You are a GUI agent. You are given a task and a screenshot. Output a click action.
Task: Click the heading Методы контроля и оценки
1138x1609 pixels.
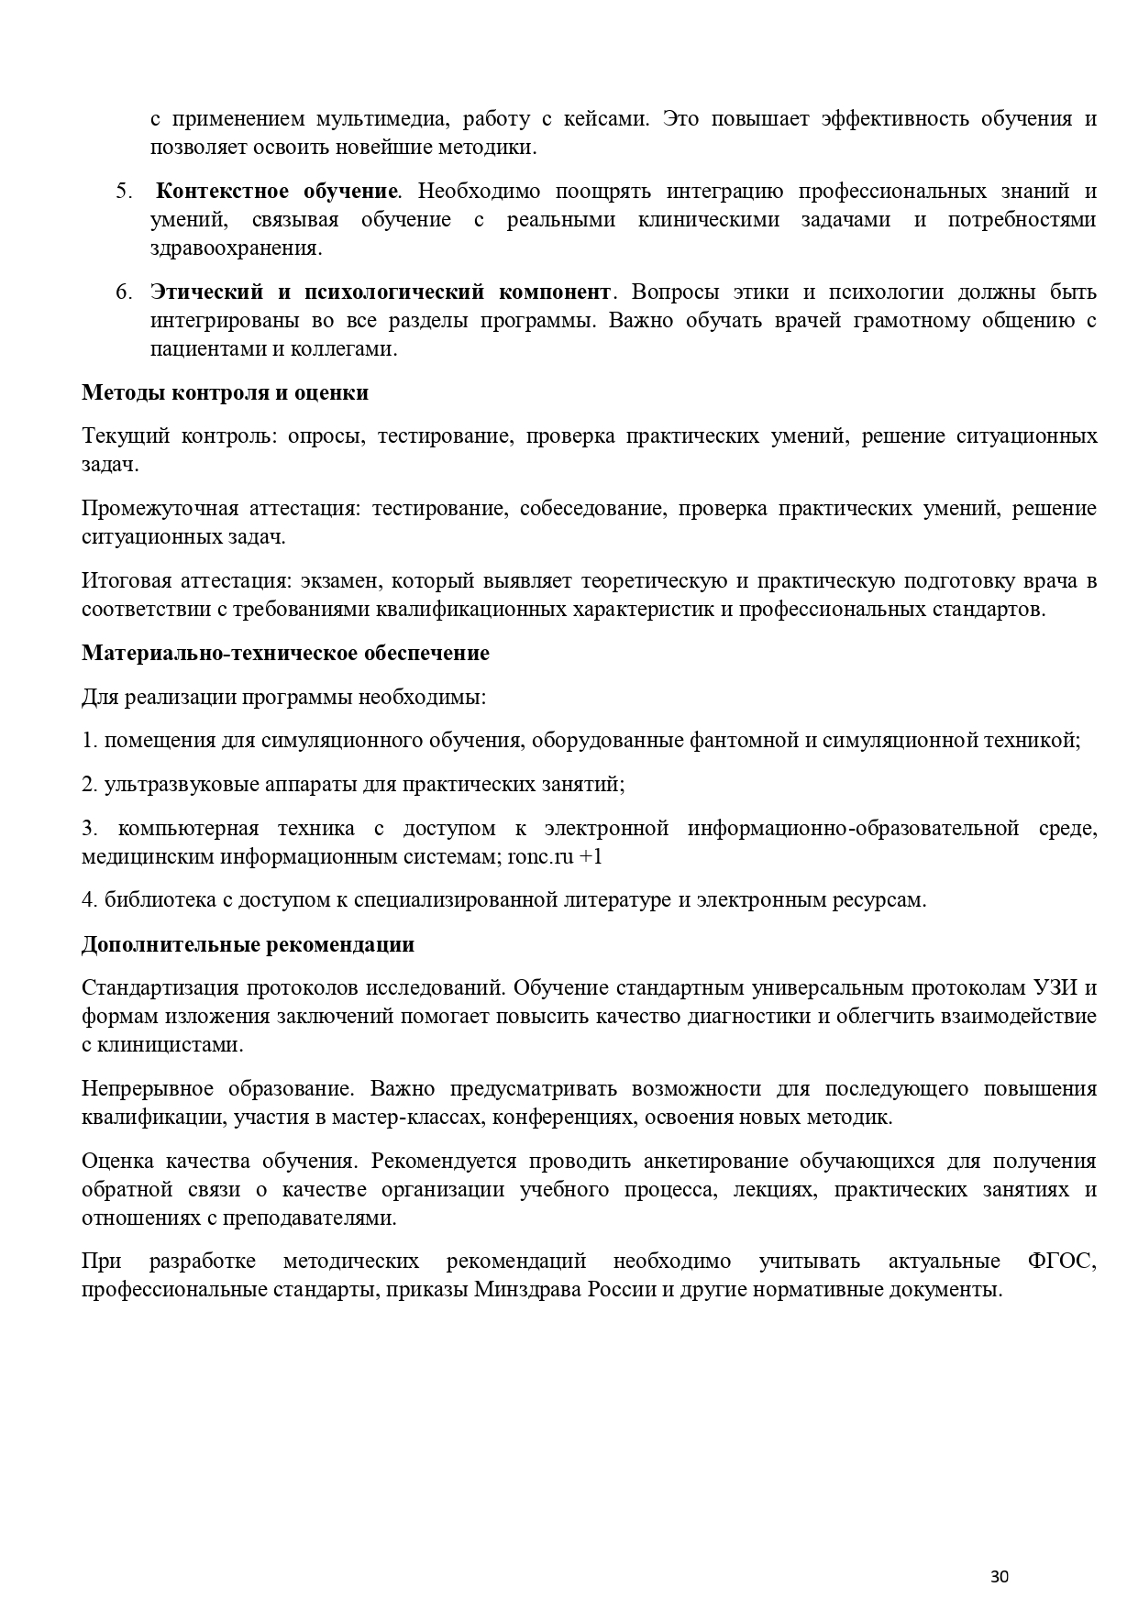(x=225, y=392)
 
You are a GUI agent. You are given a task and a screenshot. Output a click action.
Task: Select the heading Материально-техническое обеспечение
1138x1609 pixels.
(x=285, y=653)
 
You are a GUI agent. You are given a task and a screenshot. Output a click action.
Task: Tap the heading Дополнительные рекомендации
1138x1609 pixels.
(x=248, y=944)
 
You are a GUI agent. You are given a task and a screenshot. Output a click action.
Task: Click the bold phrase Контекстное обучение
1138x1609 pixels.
(x=276, y=192)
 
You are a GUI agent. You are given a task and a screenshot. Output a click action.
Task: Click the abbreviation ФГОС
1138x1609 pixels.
(x=1062, y=1261)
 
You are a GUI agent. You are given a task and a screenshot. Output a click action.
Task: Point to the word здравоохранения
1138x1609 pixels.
(x=236, y=248)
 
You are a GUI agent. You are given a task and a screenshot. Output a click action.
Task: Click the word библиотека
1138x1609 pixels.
(x=160, y=899)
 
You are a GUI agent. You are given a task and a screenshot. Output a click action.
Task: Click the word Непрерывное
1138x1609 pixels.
(x=147, y=1088)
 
